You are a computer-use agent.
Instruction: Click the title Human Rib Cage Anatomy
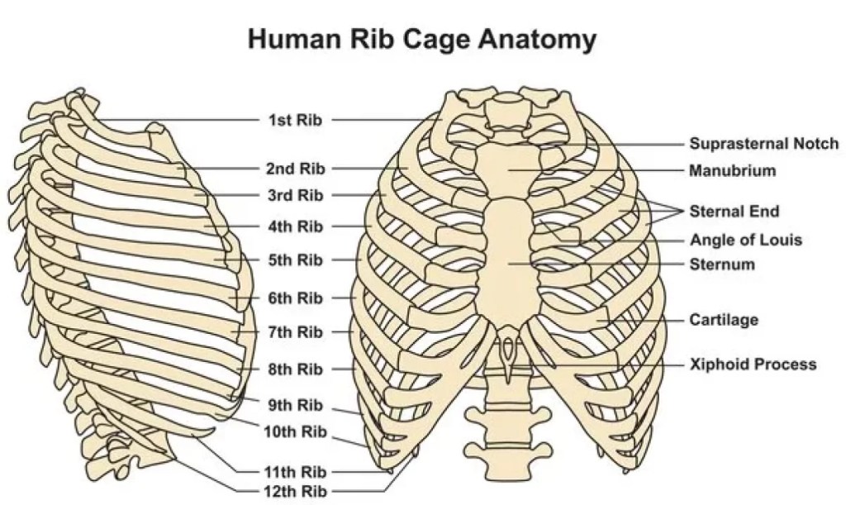422,39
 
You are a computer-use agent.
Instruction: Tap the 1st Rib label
295,120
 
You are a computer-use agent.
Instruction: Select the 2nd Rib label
295,169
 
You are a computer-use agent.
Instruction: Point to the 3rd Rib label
295,195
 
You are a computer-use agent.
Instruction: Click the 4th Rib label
295,226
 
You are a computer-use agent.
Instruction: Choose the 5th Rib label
295,260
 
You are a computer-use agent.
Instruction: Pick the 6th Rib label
295,298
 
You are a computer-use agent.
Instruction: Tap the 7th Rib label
295,332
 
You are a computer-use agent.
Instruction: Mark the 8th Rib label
295,369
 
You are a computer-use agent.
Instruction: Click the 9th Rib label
295,405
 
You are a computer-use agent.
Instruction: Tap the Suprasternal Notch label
763,144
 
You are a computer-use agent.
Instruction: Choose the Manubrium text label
732,171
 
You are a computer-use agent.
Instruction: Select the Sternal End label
734,212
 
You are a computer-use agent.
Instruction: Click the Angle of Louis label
745,241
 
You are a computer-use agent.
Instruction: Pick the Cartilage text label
724,319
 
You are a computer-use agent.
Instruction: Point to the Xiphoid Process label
753,364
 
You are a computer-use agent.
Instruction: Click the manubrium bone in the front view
509,169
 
